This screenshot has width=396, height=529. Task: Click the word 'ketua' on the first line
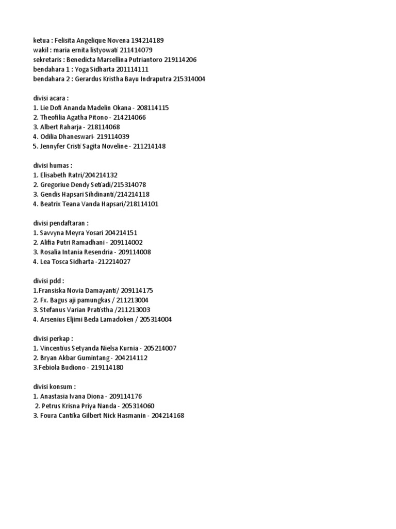(x=41, y=40)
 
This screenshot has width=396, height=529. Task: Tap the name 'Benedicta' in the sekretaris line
(x=82, y=59)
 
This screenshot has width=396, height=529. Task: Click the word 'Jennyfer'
(x=54, y=146)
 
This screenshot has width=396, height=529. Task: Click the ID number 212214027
(x=114, y=262)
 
